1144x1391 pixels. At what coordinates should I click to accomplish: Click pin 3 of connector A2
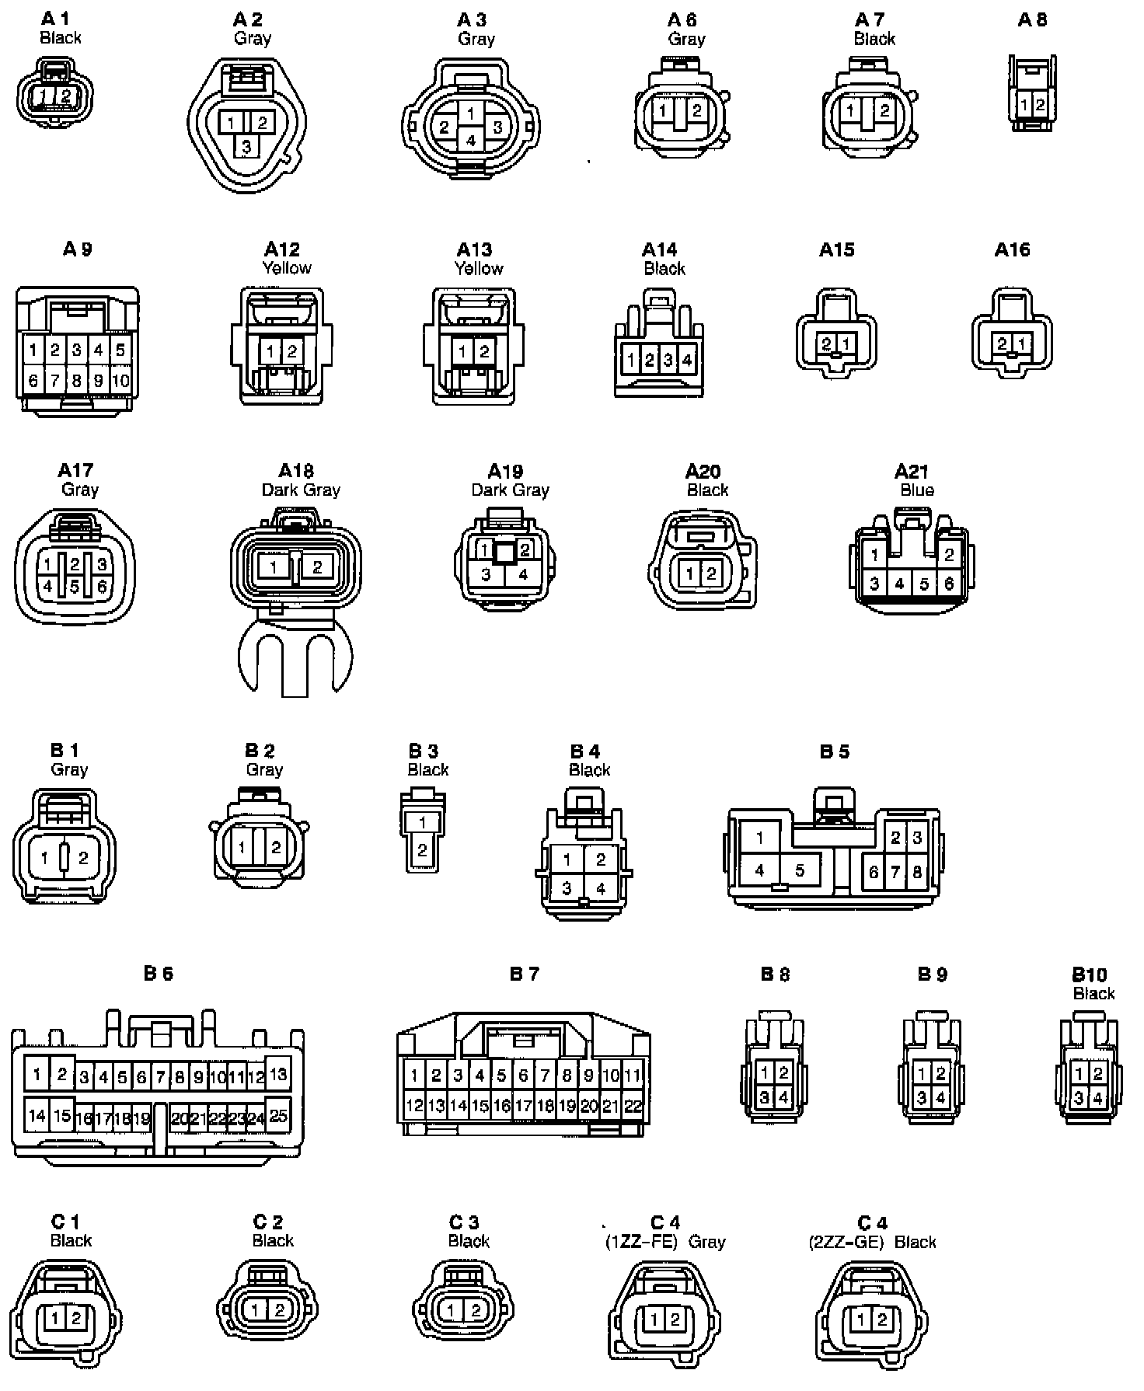pos(246,145)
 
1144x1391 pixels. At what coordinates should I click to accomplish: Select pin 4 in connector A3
pos(471,141)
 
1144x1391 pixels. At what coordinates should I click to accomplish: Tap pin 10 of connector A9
pos(120,381)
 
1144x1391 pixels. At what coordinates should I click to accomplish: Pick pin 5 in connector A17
pos(75,586)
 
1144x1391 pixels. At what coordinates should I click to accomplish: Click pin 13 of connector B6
pos(278,1074)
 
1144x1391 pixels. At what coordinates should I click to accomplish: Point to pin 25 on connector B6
pos(278,1117)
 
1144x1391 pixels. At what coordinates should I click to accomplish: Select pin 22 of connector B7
pos(633,1105)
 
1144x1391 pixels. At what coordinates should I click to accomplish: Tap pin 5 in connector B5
pos(799,870)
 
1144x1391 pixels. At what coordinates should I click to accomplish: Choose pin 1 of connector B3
pos(422,822)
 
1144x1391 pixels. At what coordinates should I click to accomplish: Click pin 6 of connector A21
pos(949,583)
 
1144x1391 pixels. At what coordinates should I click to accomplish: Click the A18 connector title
pos(296,471)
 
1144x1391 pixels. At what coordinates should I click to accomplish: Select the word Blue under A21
pos(917,490)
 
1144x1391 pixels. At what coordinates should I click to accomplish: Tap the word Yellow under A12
pos(287,268)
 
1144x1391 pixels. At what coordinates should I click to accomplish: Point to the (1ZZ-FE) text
pos(641,1242)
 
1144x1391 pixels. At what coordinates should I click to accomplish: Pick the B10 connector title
pos(1090,974)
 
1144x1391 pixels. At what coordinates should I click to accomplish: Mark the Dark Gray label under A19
pos(510,490)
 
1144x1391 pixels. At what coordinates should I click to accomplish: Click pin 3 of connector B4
pos(567,887)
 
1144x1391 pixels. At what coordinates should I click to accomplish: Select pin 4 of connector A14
pos(687,360)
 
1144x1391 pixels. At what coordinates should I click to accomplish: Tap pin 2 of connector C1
pos(75,1318)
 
